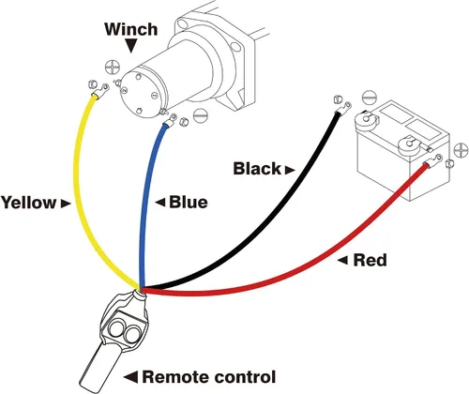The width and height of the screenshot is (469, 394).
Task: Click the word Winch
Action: coord(131,29)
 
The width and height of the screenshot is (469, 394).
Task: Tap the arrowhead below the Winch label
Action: coord(131,45)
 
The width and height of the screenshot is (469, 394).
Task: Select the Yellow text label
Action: coord(28,203)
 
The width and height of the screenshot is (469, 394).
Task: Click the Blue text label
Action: coord(189,203)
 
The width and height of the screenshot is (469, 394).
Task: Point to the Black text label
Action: coord(257,169)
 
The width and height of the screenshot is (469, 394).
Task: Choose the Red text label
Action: coord(370,260)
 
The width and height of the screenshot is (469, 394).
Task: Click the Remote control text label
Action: coord(209,377)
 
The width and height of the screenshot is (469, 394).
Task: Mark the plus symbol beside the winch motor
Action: coord(112,67)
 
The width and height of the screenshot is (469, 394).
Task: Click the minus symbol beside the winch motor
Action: coord(201,115)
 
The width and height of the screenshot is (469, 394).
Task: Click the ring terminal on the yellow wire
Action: coord(100,91)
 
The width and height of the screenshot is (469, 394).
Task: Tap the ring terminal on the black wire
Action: coord(343,108)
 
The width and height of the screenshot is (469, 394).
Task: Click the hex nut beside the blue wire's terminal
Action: coord(183,122)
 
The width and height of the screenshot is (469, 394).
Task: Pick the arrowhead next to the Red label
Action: coord(343,260)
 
